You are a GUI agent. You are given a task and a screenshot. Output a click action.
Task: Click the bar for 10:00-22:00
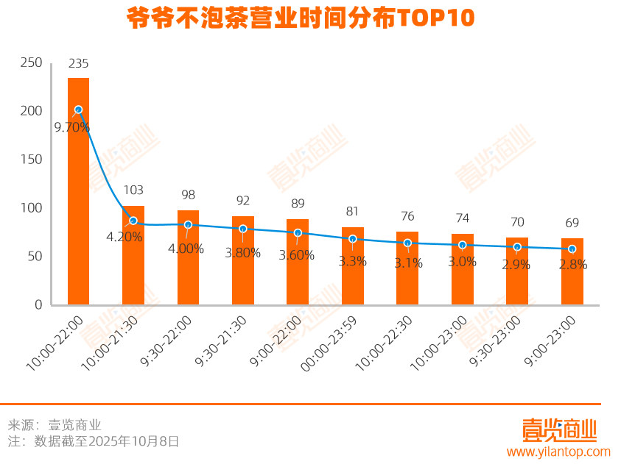(x=78, y=191)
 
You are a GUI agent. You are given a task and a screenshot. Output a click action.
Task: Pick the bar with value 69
(x=572, y=271)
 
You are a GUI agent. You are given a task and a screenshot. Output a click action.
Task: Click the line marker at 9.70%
(x=78, y=110)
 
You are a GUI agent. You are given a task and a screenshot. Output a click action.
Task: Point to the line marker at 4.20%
(x=133, y=221)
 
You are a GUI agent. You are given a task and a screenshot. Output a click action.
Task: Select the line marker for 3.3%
(x=352, y=239)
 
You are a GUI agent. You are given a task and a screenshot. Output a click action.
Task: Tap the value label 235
(x=79, y=64)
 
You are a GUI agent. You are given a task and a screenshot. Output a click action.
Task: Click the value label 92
(x=243, y=200)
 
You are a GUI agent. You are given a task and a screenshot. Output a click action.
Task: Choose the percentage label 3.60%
(x=296, y=255)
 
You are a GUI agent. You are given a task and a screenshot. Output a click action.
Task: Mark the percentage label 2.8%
(x=572, y=265)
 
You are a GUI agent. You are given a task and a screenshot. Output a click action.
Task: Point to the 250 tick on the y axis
(x=32, y=63)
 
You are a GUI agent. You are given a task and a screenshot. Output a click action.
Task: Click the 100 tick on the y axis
(x=32, y=208)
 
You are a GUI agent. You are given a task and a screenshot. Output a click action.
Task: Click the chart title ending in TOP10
(x=301, y=18)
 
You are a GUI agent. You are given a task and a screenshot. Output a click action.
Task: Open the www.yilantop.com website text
(x=558, y=451)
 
